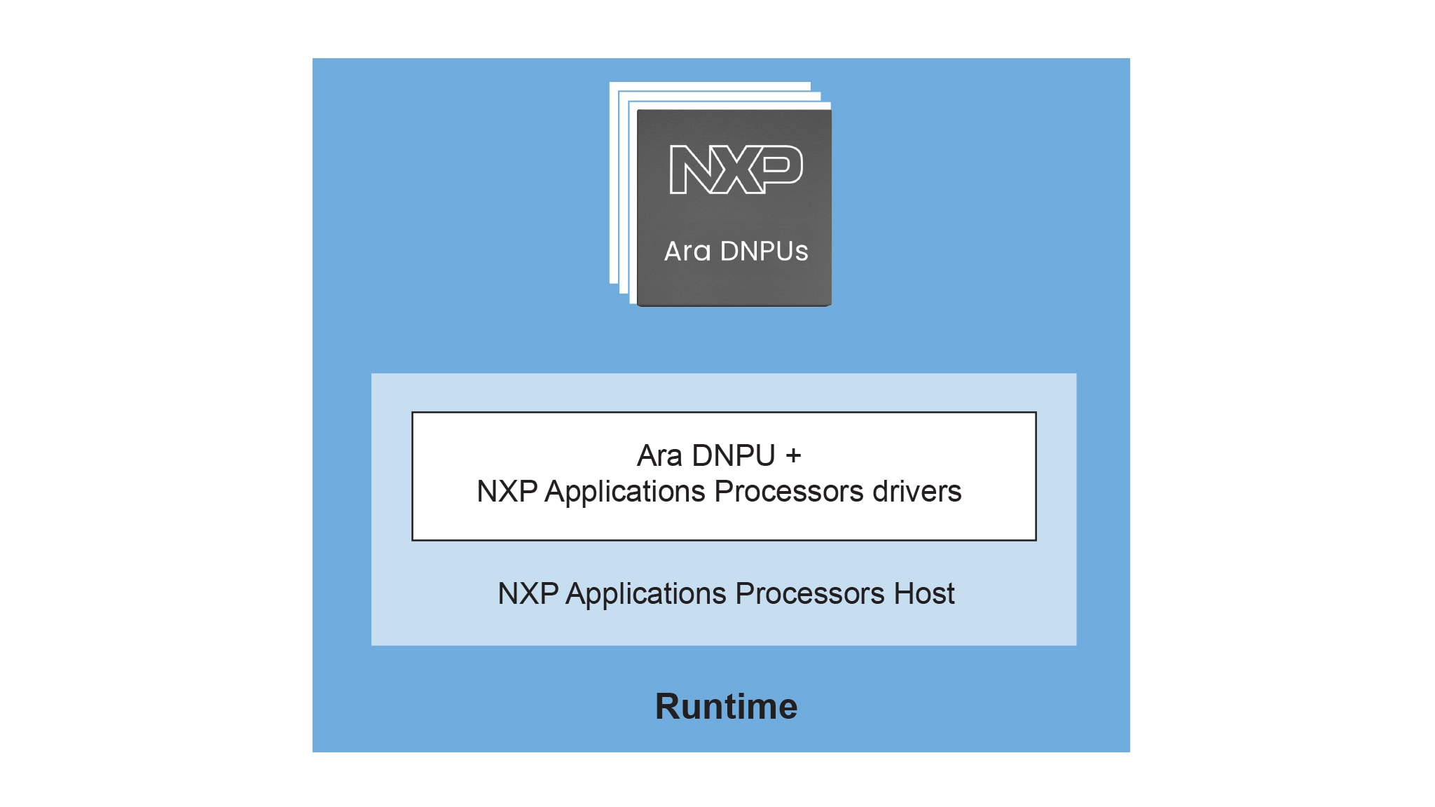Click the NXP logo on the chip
(x=736, y=169)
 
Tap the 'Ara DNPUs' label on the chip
(x=736, y=251)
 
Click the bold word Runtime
(x=726, y=706)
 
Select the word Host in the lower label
(x=924, y=594)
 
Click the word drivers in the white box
(x=916, y=492)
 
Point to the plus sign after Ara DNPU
(x=793, y=456)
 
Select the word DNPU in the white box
(x=733, y=456)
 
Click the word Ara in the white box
(x=659, y=456)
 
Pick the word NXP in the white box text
(x=507, y=492)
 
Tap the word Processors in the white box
(x=789, y=492)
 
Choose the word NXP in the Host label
(x=528, y=594)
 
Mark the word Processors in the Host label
(x=810, y=594)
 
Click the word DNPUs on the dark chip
(x=764, y=251)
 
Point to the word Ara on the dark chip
(x=687, y=251)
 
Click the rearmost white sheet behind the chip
(x=614, y=182)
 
